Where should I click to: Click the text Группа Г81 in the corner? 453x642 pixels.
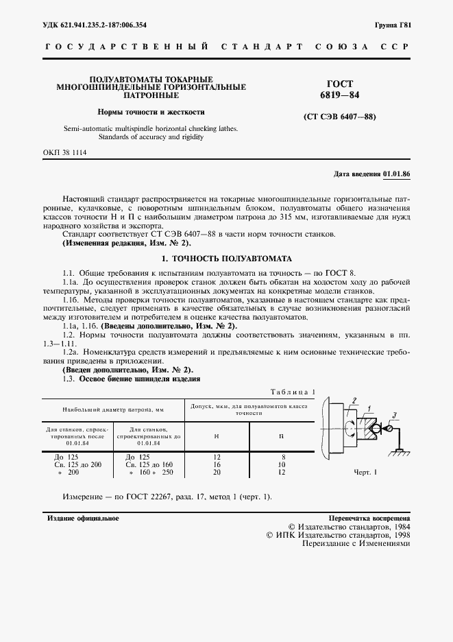pos(393,25)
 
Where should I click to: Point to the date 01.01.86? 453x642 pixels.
pos(396,174)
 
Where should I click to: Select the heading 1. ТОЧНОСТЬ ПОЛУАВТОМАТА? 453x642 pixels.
pos(226,259)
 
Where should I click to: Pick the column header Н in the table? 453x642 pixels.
pos(217,436)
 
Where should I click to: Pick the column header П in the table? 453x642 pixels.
pos(282,436)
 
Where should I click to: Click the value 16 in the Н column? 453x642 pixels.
pos(217,464)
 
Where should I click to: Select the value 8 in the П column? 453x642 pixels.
pos(282,456)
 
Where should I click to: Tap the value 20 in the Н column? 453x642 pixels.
pos(217,473)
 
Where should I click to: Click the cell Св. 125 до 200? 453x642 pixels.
pos(77,464)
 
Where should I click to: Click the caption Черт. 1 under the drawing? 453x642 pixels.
pos(367,473)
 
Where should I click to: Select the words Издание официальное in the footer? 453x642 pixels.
pos(83,518)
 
